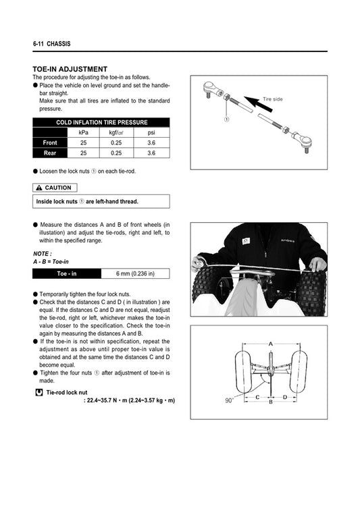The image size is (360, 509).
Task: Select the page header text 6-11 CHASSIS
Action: tap(51, 44)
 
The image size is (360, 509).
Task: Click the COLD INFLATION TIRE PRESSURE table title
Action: tap(101, 122)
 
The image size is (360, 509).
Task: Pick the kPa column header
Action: tap(84, 132)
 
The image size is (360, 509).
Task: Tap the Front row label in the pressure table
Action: tap(50, 143)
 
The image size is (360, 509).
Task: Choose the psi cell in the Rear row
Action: tap(151, 154)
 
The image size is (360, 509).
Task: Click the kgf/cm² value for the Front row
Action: tap(116, 143)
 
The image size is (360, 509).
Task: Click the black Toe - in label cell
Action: tap(66, 273)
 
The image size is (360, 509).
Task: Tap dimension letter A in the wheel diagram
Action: tap(270, 344)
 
